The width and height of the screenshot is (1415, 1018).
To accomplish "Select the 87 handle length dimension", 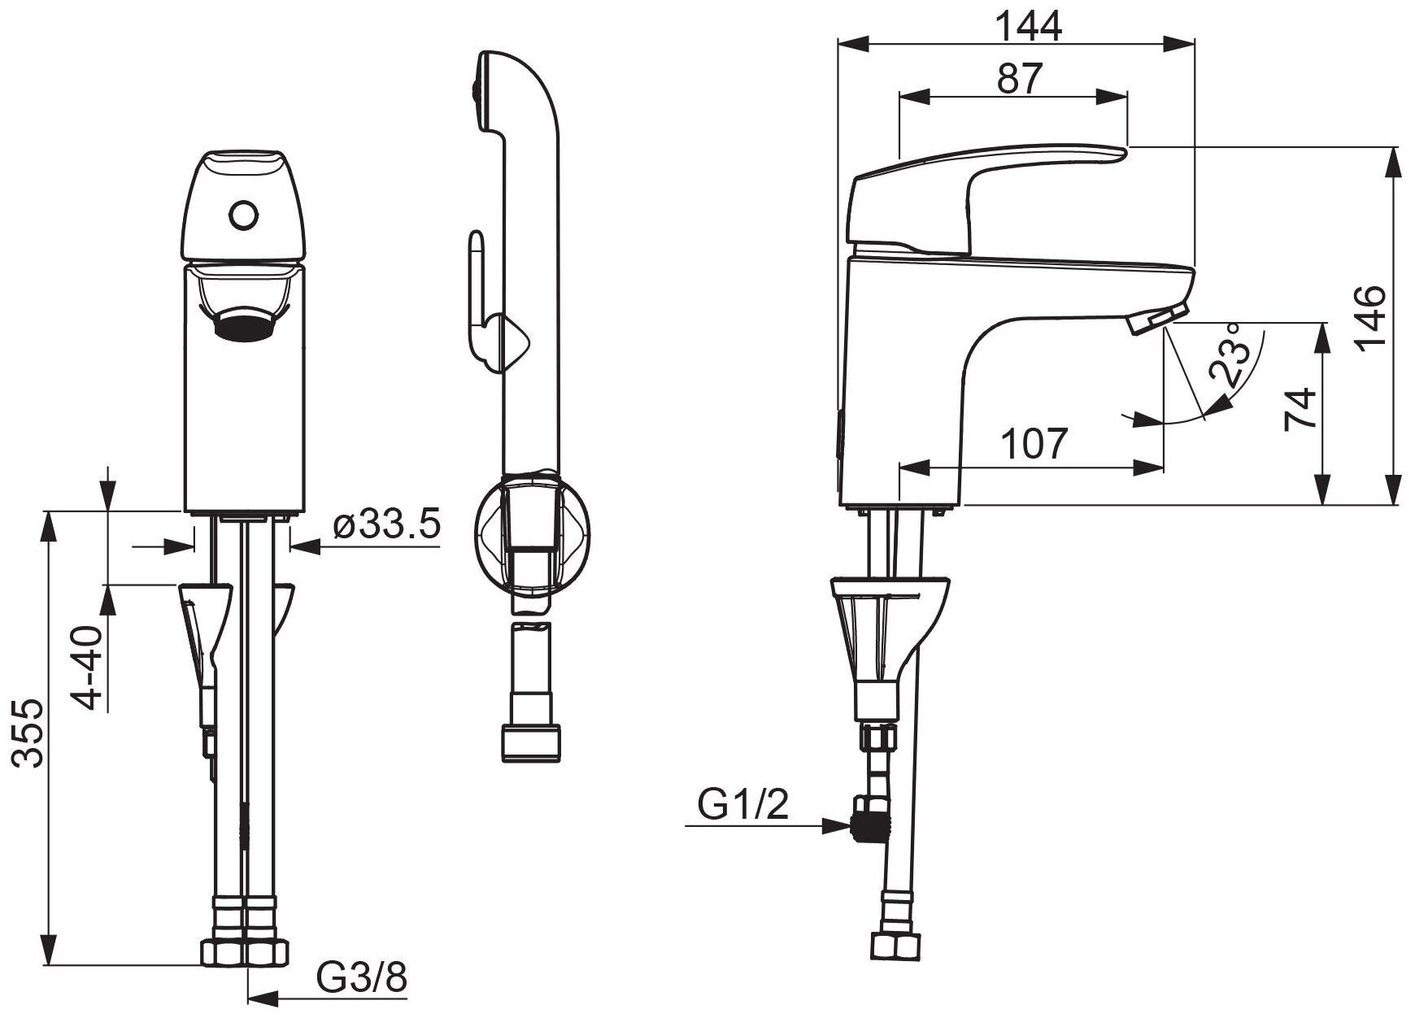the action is point(1020,79).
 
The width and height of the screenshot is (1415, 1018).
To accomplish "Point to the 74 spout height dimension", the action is point(1299,409).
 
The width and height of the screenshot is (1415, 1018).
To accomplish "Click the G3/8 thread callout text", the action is point(361,978).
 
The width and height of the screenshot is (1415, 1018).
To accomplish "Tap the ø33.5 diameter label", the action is point(387,525).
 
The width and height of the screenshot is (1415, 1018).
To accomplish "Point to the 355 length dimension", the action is point(30,732).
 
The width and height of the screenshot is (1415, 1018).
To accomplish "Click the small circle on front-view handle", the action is point(244,215).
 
